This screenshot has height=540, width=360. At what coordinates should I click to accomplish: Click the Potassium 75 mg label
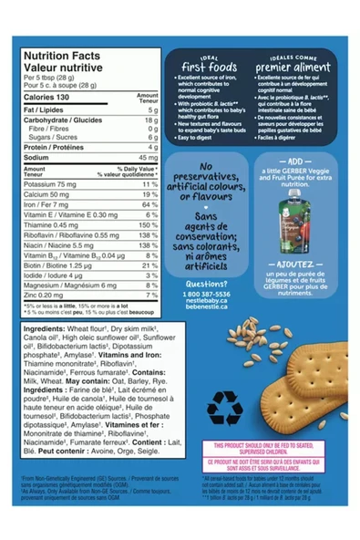(x=50, y=184)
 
